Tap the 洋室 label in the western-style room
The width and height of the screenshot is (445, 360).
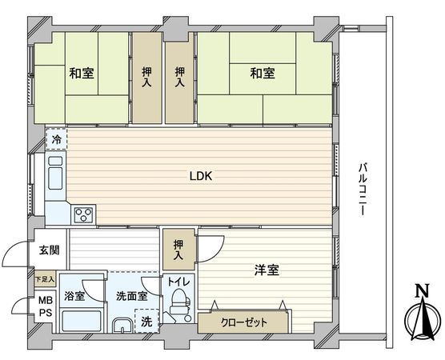(x=267, y=270)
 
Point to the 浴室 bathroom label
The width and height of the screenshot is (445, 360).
(x=75, y=295)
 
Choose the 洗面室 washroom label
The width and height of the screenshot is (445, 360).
(x=130, y=295)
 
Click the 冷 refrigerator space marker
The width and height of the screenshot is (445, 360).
(x=56, y=139)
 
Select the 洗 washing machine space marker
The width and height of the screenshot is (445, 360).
(x=146, y=322)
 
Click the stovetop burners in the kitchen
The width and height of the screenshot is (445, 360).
(x=83, y=214)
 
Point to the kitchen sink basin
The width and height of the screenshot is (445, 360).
(x=58, y=174)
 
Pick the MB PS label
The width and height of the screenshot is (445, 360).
(x=45, y=306)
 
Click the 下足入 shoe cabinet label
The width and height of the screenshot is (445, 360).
(x=45, y=280)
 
